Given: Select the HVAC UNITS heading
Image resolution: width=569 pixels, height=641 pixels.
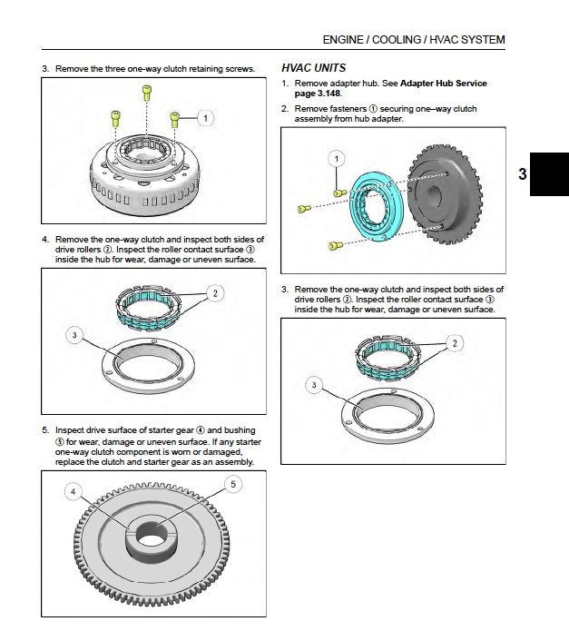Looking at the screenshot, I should [313, 68].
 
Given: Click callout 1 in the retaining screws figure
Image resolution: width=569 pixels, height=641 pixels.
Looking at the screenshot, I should [206, 118].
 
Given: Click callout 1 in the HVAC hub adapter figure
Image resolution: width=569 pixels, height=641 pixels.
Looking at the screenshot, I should [337, 159].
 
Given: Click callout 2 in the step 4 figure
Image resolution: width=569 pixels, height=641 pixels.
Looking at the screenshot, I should [215, 293].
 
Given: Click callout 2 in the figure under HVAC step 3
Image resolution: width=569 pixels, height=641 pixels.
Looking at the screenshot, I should [455, 342].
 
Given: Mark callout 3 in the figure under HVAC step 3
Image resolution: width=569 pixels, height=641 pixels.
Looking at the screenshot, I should [314, 386].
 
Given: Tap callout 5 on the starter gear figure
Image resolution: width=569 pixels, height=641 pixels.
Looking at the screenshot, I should [232, 485].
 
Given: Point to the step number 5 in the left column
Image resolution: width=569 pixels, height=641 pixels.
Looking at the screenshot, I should [44, 429].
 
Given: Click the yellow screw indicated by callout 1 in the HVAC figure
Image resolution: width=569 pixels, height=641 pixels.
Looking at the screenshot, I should [338, 193].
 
